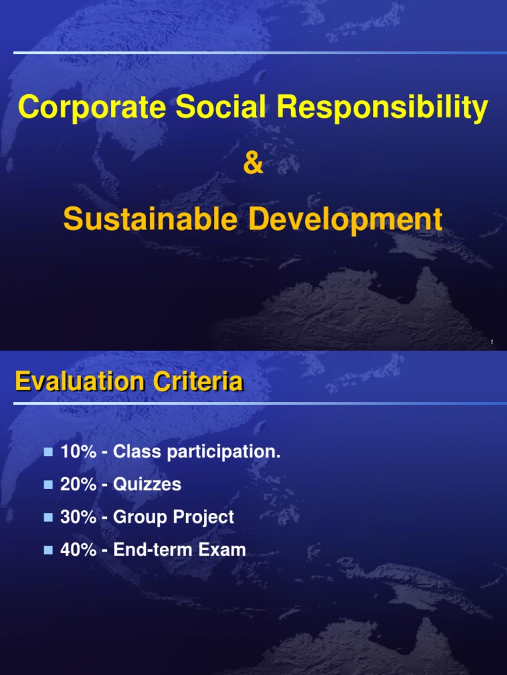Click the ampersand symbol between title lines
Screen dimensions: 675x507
(x=253, y=164)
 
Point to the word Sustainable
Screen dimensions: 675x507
(x=149, y=220)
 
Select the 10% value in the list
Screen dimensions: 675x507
(x=78, y=452)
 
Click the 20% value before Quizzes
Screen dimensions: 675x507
(x=78, y=484)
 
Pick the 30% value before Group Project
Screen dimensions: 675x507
(x=78, y=517)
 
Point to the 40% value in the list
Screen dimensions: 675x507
(x=78, y=550)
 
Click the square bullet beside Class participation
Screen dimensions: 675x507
(x=48, y=452)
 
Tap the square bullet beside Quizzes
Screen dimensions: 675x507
(x=48, y=484)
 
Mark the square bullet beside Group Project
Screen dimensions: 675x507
(x=48, y=517)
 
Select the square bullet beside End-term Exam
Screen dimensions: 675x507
(x=48, y=550)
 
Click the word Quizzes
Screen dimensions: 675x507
(x=147, y=484)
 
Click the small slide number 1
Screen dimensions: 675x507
(x=492, y=341)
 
